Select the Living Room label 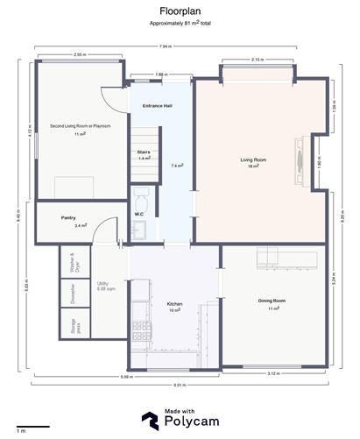pos(253,160)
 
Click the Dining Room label pos(272,301)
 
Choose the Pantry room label pos(68,217)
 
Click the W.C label pos(139,213)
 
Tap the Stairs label pos(144,152)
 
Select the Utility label pos(103,284)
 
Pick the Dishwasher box pos(76,297)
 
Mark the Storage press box pos(76,327)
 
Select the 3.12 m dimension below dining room pos(275,375)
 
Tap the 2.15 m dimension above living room pos(257,60)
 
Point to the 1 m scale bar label pos(21,430)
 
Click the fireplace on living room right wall pos(299,160)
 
